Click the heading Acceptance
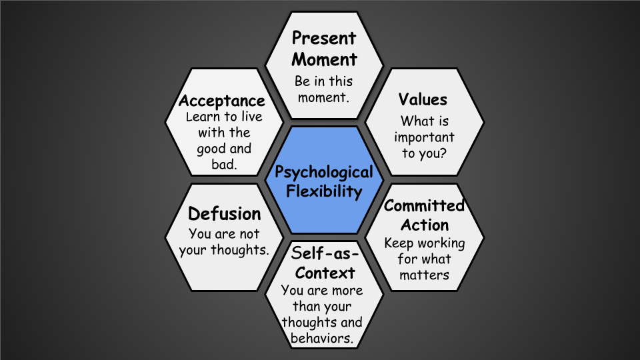(222, 101)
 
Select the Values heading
(423, 100)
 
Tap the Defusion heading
(224, 214)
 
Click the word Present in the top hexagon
(325, 39)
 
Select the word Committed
(424, 205)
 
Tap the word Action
(425, 225)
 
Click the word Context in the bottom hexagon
(325, 273)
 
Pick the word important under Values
(424, 138)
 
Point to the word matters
(424, 275)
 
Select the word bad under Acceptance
(225, 164)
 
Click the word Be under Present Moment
(304, 81)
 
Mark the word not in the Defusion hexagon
(247, 234)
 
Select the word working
(441, 243)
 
